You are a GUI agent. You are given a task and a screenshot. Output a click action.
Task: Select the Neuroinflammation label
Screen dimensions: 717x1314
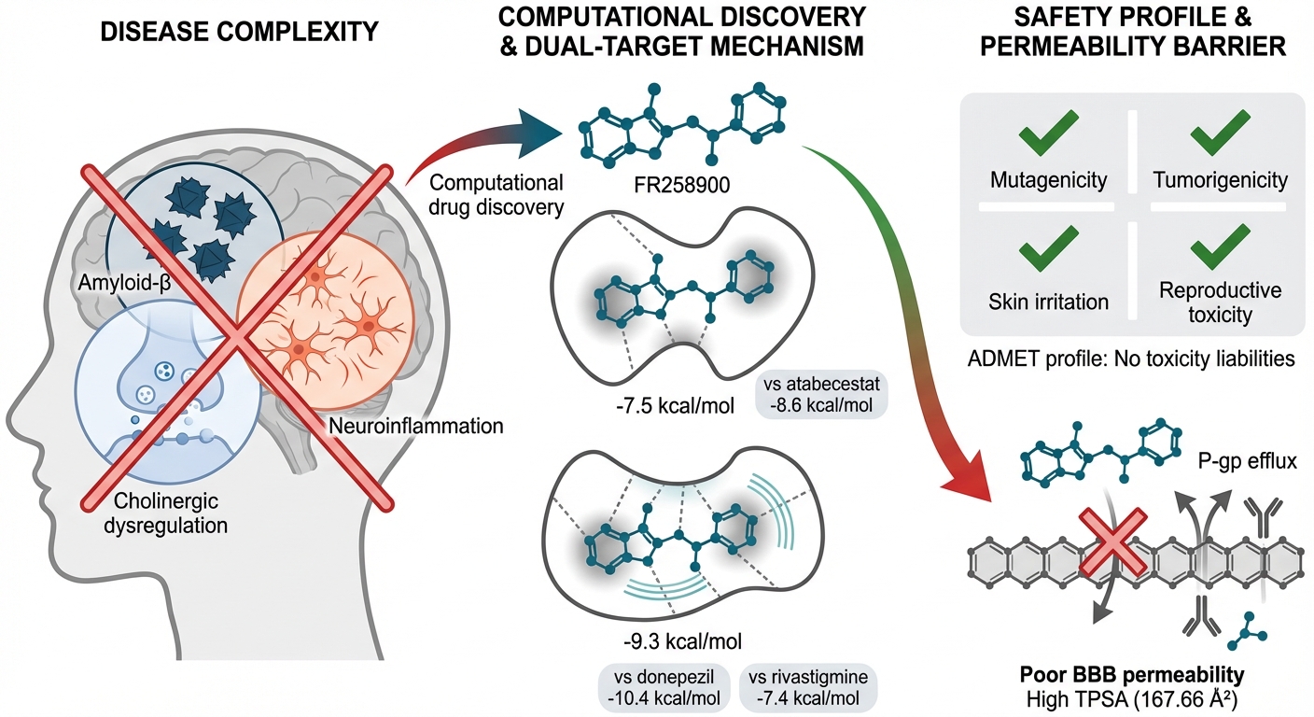click(416, 427)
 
